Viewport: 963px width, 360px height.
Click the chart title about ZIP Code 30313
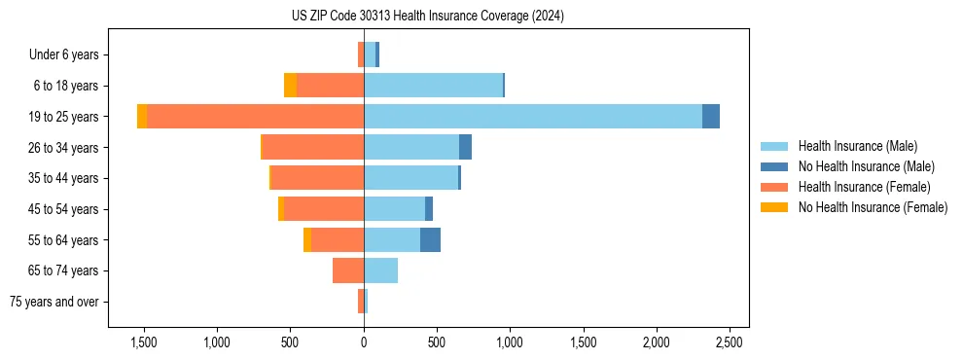tap(427, 16)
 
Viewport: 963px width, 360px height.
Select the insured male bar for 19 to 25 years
tap(533, 117)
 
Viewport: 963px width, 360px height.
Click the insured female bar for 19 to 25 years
tap(255, 117)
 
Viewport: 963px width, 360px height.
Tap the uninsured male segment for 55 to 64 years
tap(430, 239)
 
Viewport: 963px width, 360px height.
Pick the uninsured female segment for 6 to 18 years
tap(290, 86)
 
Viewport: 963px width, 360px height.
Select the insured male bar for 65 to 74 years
tap(380, 270)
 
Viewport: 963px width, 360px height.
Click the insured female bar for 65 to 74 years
tap(348, 270)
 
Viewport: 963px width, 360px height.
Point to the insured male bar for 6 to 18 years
tap(433, 86)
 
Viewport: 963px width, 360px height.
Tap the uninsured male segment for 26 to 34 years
tap(465, 147)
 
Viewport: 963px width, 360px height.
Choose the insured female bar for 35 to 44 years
tap(317, 178)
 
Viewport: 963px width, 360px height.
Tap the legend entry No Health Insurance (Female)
tap(873, 207)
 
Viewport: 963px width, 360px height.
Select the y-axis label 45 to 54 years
tap(63, 209)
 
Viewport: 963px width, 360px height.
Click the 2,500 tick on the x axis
tap(730, 342)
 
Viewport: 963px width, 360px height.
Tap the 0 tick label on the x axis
tap(364, 342)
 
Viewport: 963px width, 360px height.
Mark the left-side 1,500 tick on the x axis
tap(144, 342)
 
